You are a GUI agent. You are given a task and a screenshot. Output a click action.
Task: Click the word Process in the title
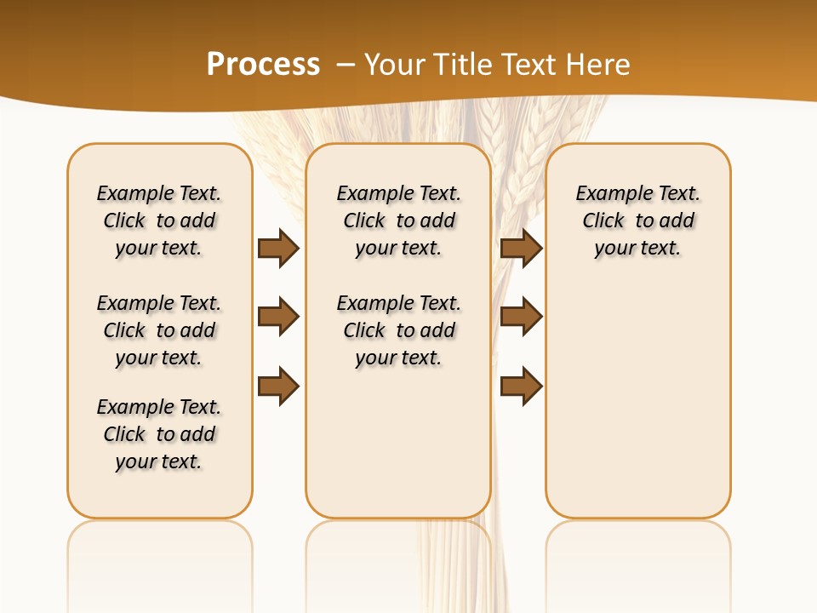[263, 64]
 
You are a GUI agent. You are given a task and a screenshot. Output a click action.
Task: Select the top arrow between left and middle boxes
[278, 248]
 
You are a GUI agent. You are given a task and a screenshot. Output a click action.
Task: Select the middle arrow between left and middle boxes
[278, 318]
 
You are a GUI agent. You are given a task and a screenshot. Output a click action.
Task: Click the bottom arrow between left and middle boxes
[278, 387]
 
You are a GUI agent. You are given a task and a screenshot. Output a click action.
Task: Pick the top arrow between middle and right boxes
[521, 248]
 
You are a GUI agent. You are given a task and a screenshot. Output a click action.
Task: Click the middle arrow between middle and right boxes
[521, 316]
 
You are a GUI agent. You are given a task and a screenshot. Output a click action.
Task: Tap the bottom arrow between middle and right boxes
[521, 387]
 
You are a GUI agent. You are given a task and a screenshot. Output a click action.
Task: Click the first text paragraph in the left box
[159, 221]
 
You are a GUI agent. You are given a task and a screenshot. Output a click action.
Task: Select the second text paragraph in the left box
[159, 330]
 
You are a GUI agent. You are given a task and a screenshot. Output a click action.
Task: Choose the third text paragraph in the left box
[159, 434]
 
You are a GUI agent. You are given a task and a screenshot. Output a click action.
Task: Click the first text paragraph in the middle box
[398, 221]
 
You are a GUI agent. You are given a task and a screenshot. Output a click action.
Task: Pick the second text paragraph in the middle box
[398, 330]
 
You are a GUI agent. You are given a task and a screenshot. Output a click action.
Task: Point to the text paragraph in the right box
[637, 221]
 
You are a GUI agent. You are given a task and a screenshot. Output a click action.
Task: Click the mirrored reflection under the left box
[160, 553]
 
